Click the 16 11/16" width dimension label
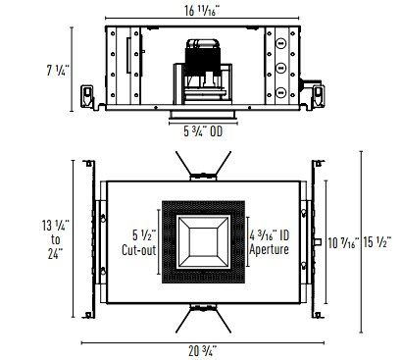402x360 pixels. (x=202, y=11)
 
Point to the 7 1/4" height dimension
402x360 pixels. (x=58, y=71)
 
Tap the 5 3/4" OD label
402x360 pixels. (x=203, y=131)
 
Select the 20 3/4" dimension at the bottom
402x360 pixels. (x=203, y=351)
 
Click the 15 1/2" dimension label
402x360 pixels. (x=377, y=242)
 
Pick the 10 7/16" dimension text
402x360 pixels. (x=343, y=243)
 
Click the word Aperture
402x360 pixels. (x=269, y=249)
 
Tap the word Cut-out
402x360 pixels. (x=139, y=250)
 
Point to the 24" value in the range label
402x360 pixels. (x=56, y=253)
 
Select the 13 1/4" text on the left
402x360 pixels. (x=56, y=226)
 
